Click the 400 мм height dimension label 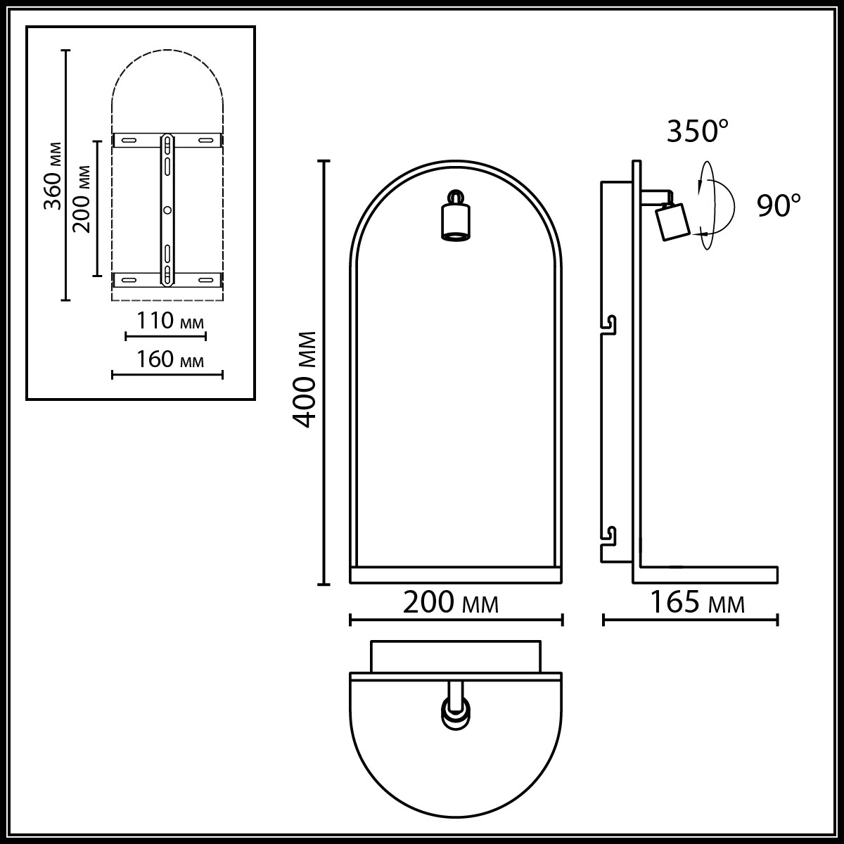coord(304,379)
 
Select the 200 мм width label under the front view coord(451,603)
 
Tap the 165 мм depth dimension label coord(698,603)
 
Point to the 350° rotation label coord(698,131)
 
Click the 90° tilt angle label coord(779,205)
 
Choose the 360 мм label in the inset coord(53,176)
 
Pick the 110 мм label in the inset coord(170,321)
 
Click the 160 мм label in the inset coord(170,359)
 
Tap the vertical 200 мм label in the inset coord(82,199)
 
